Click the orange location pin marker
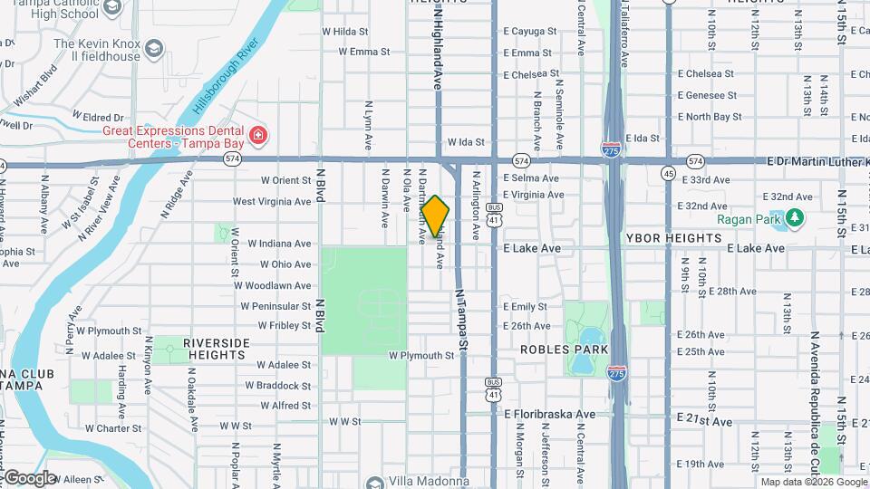point(435,216)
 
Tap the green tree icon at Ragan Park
point(795,217)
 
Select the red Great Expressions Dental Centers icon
point(259,137)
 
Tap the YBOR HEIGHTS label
point(674,238)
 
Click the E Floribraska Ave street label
point(549,414)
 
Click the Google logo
point(29,477)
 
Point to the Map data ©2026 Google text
point(812,482)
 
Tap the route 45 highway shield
point(669,173)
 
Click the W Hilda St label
point(345,31)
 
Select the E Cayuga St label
point(530,31)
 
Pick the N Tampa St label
point(462,319)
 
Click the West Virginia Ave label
point(272,201)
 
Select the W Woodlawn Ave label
point(272,285)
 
